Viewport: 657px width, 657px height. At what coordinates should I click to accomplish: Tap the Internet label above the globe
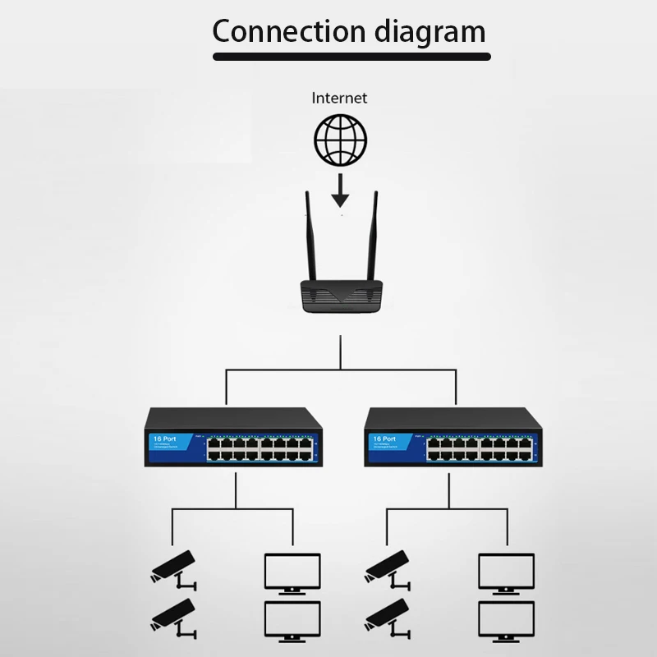point(339,98)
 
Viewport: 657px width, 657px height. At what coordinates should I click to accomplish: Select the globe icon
point(341,139)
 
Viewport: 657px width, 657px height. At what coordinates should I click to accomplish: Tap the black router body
point(340,296)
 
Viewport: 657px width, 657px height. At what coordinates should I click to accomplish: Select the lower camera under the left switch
point(174,618)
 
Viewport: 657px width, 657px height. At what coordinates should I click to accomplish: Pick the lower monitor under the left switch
point(292,620)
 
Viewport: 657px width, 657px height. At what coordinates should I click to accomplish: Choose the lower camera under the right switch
point(388,618)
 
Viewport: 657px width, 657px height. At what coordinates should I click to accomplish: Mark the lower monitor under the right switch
point(507,620)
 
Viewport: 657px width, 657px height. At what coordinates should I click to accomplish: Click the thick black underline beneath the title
point(351,57)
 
